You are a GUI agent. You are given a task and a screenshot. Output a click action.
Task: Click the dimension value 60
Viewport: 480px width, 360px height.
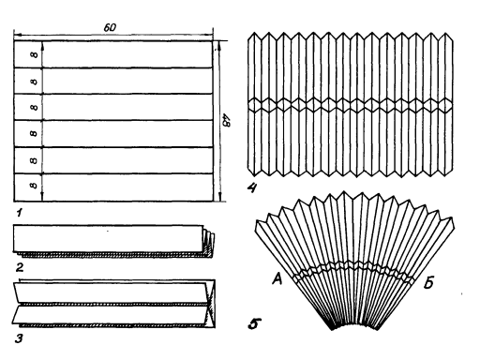(x=110, y=27)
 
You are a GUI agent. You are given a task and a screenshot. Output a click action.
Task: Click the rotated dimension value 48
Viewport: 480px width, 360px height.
(x=226, y=120)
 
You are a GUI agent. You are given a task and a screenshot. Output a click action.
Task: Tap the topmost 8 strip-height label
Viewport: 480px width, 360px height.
(x=34, y=54)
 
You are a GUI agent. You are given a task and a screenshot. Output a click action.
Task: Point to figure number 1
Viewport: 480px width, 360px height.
(x=20, y=213)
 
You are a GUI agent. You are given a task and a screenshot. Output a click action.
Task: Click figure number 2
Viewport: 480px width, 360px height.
(x=20, y=267)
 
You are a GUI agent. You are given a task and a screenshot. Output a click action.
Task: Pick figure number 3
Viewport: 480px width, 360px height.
(x=19, y=338)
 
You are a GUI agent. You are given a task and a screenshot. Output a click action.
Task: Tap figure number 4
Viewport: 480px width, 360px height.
(x=252, y=187)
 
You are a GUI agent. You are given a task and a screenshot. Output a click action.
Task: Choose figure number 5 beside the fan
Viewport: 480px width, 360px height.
(x=253, y=323)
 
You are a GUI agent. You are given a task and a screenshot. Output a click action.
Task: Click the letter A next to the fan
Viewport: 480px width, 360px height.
(x=277, y=278)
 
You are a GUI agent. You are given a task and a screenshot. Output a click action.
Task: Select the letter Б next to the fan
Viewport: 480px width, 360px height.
(x=428, y=283)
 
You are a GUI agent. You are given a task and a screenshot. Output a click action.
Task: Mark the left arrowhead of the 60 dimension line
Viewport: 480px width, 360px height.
(x=17, y=34)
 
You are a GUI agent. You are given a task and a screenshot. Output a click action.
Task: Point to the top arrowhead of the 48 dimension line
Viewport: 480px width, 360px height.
(x=219, y=45)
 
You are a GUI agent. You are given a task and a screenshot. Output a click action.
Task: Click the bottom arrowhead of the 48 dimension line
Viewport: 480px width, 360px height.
(x=221, y=198)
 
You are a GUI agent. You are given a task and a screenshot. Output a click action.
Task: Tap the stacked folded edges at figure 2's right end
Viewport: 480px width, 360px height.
(x=208, y=242)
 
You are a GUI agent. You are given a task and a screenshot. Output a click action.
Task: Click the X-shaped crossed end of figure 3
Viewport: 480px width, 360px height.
(x=211, y=304)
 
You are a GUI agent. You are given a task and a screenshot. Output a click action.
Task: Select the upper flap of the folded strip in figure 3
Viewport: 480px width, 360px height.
(x=111, y=292)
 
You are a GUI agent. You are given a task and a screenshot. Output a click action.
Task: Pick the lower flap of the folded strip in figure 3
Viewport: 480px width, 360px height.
(x=110, y=315)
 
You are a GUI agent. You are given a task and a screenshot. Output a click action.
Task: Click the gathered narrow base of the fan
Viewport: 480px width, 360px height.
(x=353, y=325)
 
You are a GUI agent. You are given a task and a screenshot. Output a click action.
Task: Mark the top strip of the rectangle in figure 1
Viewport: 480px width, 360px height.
(x=113, y=53)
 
